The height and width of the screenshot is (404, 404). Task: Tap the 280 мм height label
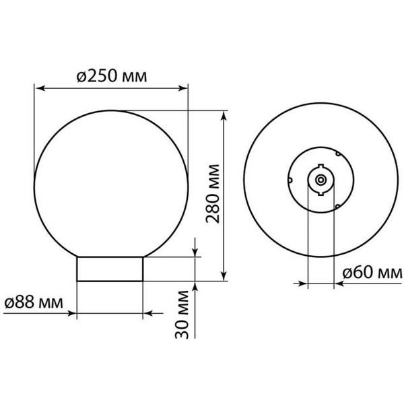click(213, 195)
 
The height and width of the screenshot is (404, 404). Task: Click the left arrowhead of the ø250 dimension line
click(39, 88)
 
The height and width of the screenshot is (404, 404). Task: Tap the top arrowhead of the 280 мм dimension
click(223, 116)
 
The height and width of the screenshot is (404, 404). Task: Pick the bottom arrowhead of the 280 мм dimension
click(223, 275)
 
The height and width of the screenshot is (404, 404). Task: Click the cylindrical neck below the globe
click(110, 269)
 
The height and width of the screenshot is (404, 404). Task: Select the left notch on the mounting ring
click(289, 180)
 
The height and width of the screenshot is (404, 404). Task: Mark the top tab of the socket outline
click(321, 164)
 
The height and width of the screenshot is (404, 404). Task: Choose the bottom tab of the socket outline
click(321, 197)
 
